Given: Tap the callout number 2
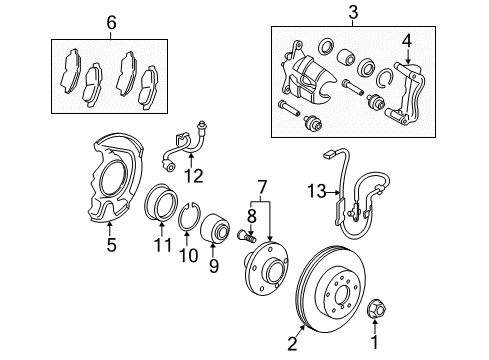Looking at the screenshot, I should pos(292,344).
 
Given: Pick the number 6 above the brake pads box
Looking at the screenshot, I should pos(111,21).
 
